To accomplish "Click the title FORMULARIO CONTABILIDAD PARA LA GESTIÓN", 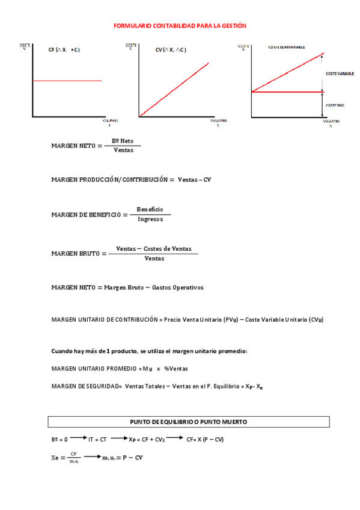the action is point(180,26).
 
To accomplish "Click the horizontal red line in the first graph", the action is point(67,81).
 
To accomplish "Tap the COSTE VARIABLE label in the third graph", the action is point(339,73).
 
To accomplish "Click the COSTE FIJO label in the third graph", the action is point(335,105).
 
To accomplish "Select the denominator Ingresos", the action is point(150,220).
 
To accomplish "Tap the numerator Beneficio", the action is point(150,209).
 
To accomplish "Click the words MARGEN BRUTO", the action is point(75,254).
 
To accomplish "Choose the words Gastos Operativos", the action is point(178,287).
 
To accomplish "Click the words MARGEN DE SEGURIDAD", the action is point(86,386).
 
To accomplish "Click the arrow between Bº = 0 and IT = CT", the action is point(78,439).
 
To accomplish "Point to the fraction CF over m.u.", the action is point(74,458).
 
